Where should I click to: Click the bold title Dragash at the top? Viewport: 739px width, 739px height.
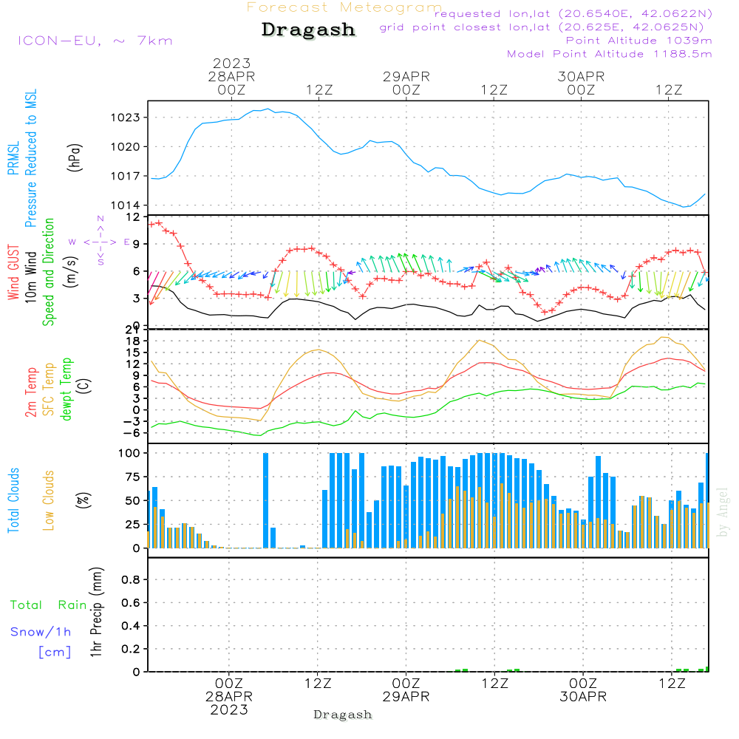pos(308,30)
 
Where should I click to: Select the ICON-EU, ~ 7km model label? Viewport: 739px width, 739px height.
pos(95,41)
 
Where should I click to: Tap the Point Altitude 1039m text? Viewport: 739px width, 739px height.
pos(638,40)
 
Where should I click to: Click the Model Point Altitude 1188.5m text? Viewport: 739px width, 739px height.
pos(609,53)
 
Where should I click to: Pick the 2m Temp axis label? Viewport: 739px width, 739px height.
pos(32,392)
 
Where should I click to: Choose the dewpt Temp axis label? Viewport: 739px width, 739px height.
pos(67,389)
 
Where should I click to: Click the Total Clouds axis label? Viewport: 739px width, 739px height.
pos(13,500)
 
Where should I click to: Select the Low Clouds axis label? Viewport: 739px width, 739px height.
pos(49,500)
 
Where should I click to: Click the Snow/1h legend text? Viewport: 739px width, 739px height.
pos(41,633)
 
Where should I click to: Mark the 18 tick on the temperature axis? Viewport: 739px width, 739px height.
pos(134,341)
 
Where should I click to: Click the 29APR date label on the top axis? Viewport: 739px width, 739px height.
pos(406,76)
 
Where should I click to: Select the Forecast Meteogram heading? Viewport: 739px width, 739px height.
pos(344,7)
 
